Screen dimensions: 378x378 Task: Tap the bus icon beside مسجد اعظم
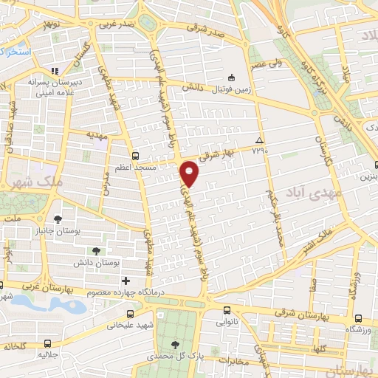[134, 156]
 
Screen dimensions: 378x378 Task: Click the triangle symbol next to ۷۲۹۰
[258, 140]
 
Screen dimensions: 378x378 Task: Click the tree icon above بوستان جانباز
[58, 219]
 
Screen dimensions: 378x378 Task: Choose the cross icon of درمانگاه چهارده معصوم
[126, 280]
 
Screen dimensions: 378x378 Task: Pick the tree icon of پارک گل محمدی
[175, 345]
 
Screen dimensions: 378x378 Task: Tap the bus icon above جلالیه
[48, 344]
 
